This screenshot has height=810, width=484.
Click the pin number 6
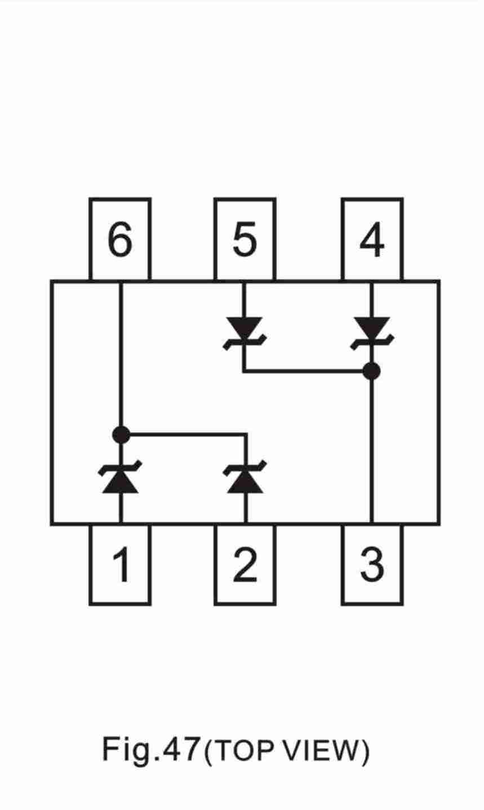(120, 239)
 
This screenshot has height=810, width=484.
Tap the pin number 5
(245, 239)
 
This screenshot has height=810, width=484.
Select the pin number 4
(372, 239)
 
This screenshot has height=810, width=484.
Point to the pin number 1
(122, 564)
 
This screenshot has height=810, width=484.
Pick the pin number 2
(245, 564)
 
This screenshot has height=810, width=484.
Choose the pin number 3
(372, 564)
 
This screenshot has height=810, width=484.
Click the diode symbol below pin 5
(245, 333)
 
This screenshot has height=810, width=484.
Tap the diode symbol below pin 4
(372, 333)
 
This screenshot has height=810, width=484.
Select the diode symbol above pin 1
(120, 477)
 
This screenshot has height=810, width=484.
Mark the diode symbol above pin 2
(245, 477)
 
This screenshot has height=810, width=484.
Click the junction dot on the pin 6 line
(121, 434)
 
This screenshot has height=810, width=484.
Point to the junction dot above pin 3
(371, 371)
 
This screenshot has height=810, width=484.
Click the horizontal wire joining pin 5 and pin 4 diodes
(308, 371)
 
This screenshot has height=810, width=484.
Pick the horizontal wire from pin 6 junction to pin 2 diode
(183, 434)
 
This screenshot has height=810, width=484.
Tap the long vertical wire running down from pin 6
(121, 358)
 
